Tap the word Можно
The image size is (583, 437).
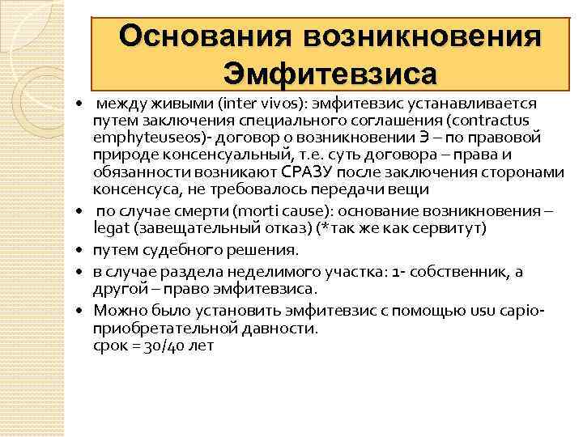coord(117,309)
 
